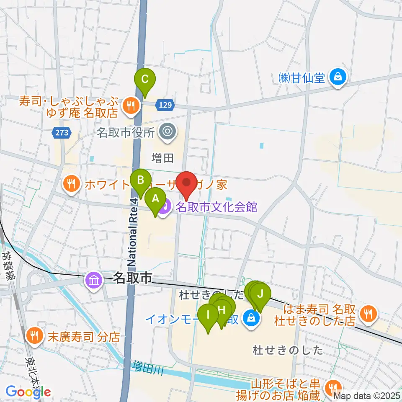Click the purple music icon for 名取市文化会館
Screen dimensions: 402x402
[166, 206]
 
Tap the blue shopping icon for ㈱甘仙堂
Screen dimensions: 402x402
[337, 77]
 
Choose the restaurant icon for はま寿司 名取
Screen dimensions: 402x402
[368, 312]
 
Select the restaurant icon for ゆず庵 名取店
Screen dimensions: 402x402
[131, 106]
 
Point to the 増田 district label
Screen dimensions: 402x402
[163, 157]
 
